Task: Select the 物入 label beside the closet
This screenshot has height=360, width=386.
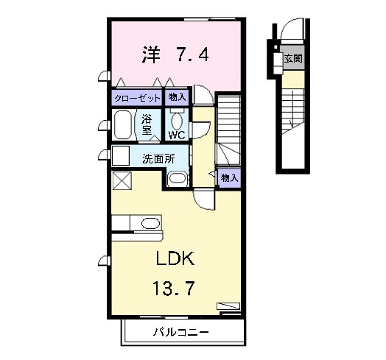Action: click(x=178, y=97)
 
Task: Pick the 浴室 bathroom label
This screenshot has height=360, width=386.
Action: click(x=147, y=123)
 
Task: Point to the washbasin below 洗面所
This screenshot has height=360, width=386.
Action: click(x=177, y=178)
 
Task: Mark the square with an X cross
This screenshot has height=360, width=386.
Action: click(x=120, y=179)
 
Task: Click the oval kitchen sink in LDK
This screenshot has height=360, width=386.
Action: click(x=150, y=224)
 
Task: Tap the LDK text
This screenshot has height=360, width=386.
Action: click(x=175, y=259)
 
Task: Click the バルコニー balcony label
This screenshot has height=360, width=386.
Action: click(x=181, y=332)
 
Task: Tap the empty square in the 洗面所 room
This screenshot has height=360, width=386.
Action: click(x=120, y=156)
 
